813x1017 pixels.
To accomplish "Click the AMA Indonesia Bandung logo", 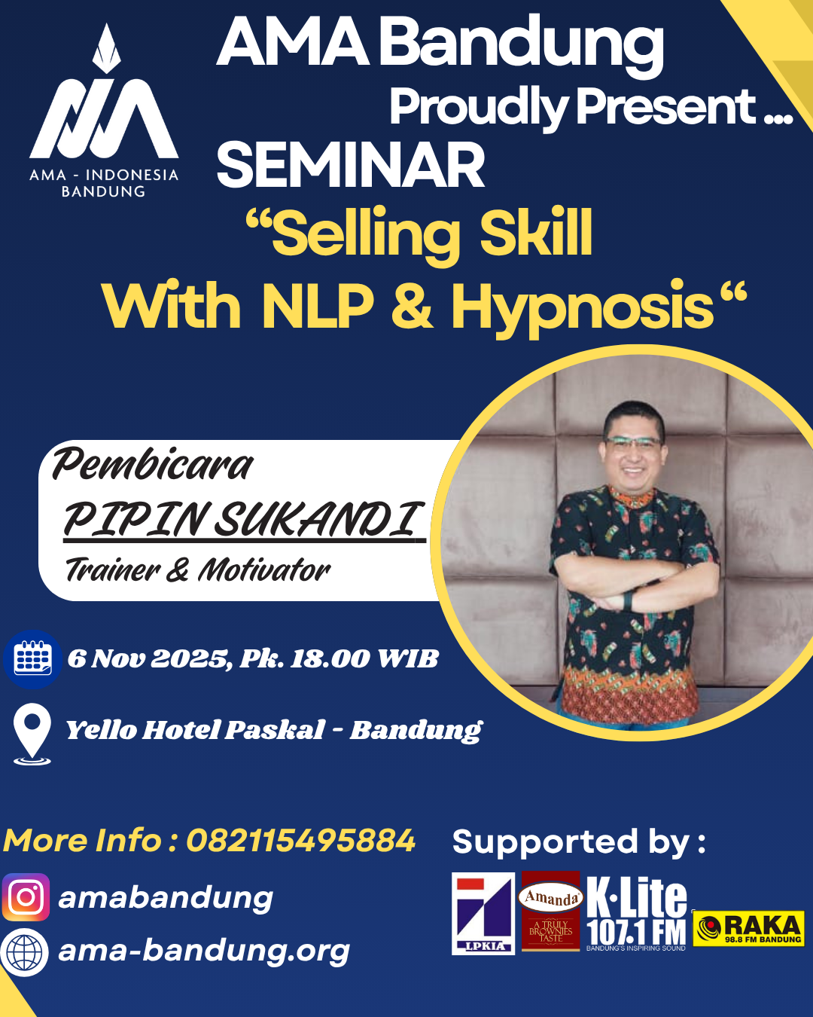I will (104, 113).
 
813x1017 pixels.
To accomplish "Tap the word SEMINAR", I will (351, 166).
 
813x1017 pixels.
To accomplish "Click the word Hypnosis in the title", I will (581, 307).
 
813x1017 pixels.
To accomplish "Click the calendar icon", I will (32, 658).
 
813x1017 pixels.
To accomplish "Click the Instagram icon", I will (26, 897).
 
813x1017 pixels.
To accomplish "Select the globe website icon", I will (25, 952).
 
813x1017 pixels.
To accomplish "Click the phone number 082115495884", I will (300, 841).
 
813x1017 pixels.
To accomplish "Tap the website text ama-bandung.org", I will (204, 951).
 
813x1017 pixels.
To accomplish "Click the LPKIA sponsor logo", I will (483, 913).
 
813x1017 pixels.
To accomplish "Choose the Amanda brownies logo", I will (551, 912).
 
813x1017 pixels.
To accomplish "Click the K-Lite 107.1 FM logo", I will (637, 912).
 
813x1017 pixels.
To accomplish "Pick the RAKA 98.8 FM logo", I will (749, 928).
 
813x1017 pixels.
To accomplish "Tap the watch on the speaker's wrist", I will (628, 600).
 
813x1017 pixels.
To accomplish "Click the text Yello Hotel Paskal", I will (196, 730).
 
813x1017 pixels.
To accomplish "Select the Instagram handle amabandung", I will (166, 898).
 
